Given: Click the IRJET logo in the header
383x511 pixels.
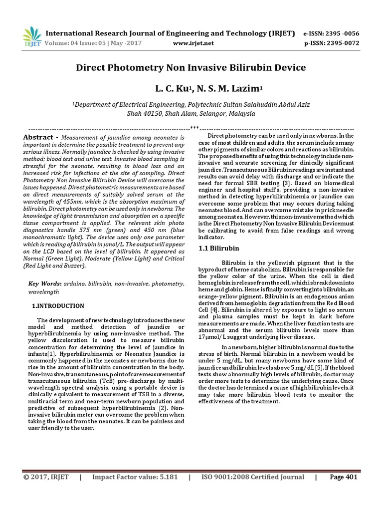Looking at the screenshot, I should pyautogui.click(x=31, y=36).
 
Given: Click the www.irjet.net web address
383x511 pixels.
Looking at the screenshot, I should pyautogui.click(x=193, y=43).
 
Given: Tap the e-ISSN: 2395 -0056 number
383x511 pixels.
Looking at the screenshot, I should pyautogui.click(x=331, y=33).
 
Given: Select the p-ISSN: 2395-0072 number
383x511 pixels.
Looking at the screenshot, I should pyautogui.click(x=331, y=43).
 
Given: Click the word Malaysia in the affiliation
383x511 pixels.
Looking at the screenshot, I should pyautogui.click(x=240, y=114).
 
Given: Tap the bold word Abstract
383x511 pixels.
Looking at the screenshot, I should pyautogui.click(x=38, y=137).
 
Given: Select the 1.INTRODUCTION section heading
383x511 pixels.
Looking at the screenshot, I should pyautogui.click(x=58, y=306).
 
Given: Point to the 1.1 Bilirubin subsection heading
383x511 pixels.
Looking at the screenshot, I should pyautogui.click(x=219, y=248).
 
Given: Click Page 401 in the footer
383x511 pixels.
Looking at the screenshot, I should pyautogui.click(x=344, y=477).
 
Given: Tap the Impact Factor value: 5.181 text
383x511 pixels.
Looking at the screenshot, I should pyautogui.click(x=135, y=477).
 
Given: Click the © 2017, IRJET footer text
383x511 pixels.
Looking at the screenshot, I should pyautogui.click(x=46, y=477).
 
